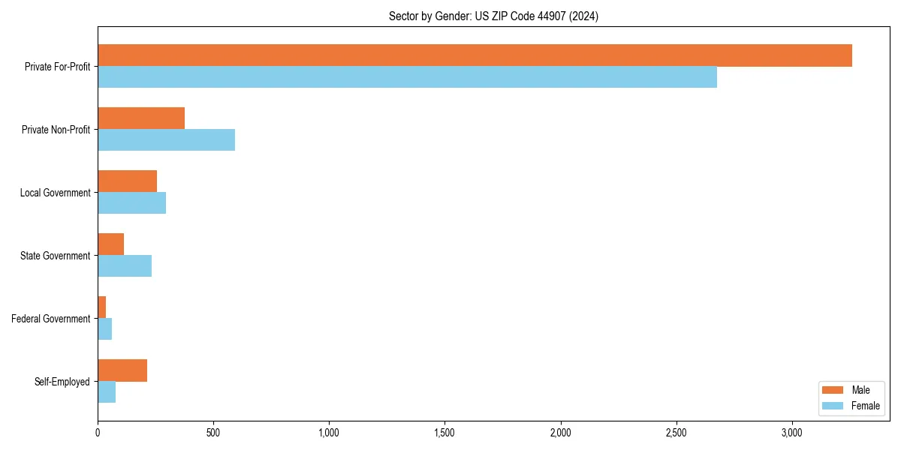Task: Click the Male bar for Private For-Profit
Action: tap(475, 55)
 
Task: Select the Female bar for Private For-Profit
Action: tap(407, 76)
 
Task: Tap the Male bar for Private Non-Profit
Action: tap(141, 118)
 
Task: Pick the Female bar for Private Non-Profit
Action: tap(166, 139)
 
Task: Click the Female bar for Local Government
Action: tap(131, 202)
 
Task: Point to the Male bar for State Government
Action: tap(110, 244)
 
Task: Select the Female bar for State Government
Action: tap(125, 265)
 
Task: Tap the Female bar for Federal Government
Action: tap(104, 328)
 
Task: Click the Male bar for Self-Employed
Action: tap(122, 370)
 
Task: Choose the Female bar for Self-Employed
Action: tap(107, 391)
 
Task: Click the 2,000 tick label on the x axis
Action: tap(560, 433)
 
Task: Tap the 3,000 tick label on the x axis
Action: tap(792, 433)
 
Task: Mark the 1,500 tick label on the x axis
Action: tap(444, 433)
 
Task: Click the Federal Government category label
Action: tap(51, 319)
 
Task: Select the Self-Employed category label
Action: tap(62, 382)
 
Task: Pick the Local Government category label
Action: tap(55, 193)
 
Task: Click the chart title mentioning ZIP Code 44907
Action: tap(493, 16)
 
